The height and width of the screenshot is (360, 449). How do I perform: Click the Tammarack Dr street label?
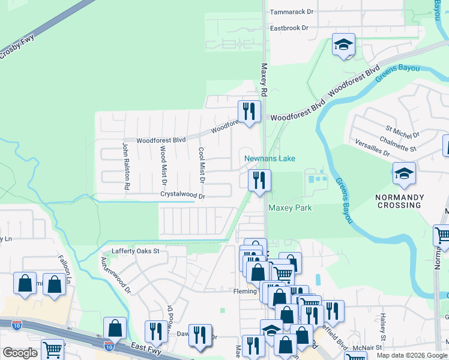coord(292,12)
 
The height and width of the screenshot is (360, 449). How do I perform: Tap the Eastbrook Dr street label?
coord(289,28)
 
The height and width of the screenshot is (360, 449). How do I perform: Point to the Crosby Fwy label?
coord(17,47)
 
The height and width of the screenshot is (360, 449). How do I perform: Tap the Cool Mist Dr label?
coord(202,166)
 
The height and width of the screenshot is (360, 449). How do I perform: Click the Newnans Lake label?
coord(270,159)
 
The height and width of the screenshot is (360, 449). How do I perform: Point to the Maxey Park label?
coord(290,208)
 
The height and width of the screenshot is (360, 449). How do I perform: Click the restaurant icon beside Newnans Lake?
coord(259,180)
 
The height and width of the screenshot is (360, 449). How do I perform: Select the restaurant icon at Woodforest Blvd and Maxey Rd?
coord(249,111)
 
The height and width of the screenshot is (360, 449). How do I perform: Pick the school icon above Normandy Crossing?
coord(404,173)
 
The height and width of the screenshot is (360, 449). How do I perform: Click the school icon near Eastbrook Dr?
coord(344,44)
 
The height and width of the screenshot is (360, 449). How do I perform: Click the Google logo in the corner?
coord(20,353)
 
